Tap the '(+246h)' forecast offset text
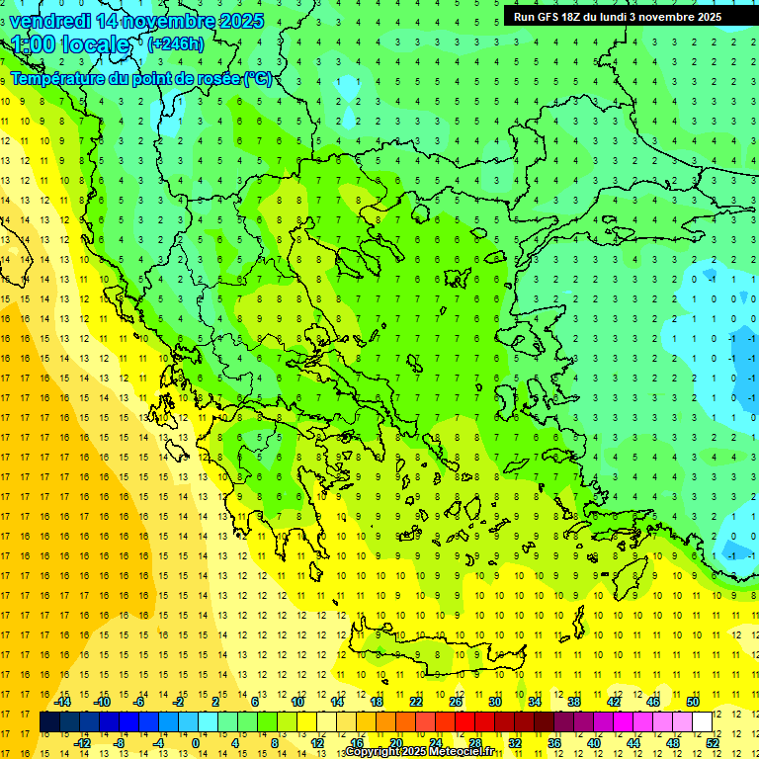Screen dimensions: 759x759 coord(176,43)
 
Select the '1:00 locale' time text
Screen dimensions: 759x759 coord(70,44)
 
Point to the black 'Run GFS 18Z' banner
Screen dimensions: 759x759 coord(617,17)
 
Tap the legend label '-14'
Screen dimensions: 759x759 coord(63,702)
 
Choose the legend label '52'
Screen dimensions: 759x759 coord(713,743)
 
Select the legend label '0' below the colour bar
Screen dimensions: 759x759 coord(195,743)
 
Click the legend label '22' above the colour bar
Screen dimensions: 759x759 coord(416,702)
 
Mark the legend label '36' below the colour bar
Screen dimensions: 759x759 coord(554,743)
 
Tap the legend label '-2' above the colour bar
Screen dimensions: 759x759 coord(178,702)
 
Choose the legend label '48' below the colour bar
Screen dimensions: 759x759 coord(673,743)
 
